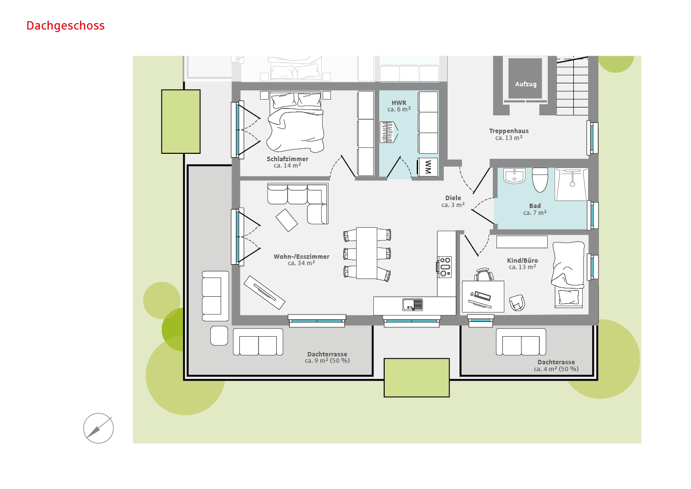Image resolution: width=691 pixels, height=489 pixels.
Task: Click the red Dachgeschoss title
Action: coord(66,26)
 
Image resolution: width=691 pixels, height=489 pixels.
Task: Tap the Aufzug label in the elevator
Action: coord(526,84)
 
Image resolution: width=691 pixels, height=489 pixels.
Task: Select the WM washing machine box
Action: coord(428,167)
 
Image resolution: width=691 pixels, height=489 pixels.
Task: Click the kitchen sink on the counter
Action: coord(412,304)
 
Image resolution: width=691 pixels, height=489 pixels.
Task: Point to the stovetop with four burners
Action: coord(445,267)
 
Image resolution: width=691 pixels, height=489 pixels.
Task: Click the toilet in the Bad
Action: coord(540,179)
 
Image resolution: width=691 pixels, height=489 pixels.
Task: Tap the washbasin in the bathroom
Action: coord(514,176)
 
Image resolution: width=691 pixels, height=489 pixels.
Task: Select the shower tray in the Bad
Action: coord(571,184)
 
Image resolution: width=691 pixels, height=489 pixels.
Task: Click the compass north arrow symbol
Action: coord(99,428)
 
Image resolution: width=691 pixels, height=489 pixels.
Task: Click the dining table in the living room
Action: coord(366,253)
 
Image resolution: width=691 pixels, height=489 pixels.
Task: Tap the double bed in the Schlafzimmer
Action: coord(296,122)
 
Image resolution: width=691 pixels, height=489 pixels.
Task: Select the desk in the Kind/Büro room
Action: coord(483,296)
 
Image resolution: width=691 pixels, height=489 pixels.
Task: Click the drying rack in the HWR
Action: coord(389,132)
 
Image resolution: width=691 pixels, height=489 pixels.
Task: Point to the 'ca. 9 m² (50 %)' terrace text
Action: coord(327,360)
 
